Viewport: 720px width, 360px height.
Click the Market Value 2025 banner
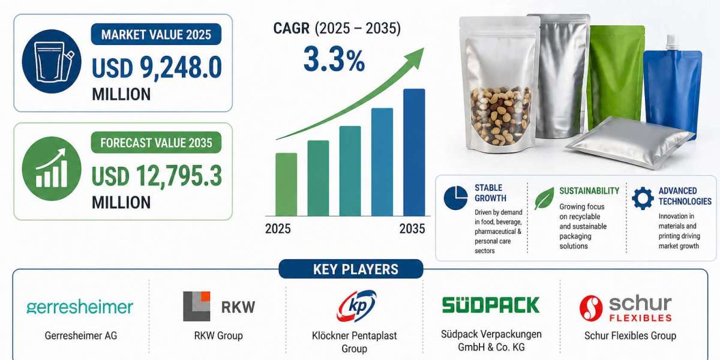(156, 34)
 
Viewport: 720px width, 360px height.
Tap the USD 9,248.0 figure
(157, 68)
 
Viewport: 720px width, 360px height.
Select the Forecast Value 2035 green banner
(156, 143)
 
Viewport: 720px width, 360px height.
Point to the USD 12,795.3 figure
(157, 176)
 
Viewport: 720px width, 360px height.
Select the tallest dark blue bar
(414, 152)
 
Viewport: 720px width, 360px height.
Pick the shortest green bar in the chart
(286, 184)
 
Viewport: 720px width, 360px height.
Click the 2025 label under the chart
(278, 229)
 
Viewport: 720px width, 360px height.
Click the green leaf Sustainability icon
(544, 197)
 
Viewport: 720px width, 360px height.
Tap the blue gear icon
(643, 197)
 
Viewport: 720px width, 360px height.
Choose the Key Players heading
(355, 269)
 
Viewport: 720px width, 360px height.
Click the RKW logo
(219, 307)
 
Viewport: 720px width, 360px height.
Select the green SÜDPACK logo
(490, 304)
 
